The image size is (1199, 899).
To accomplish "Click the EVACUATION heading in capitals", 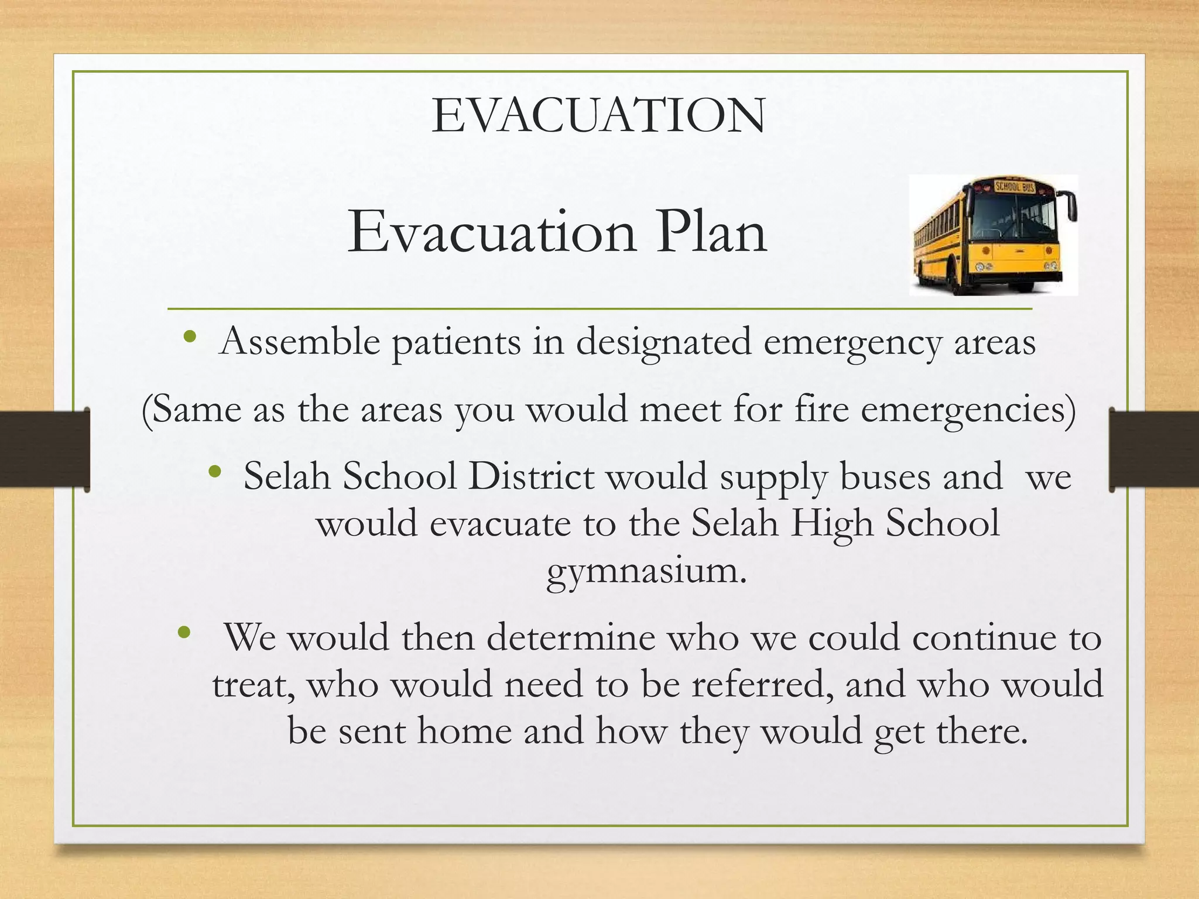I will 598,116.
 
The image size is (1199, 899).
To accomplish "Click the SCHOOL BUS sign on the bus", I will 1015,187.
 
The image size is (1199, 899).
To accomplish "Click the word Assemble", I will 299,341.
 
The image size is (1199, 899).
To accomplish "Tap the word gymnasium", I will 646,571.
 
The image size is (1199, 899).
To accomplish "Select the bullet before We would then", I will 184,632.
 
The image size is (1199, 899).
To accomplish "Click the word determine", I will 571,637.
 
